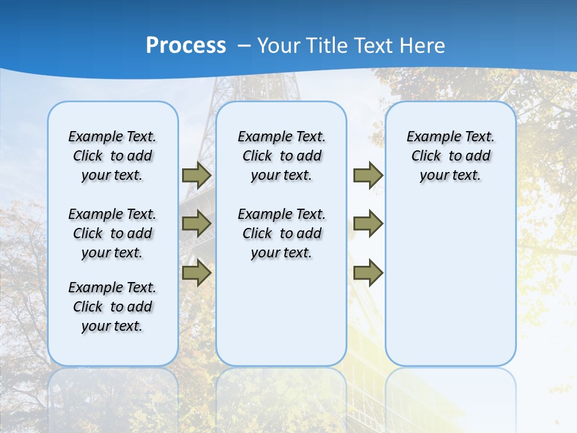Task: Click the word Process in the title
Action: pos(186,46)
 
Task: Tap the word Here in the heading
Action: pos(423,46)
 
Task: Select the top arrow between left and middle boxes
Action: pos(196,176)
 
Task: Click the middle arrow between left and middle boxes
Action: pos(196,224)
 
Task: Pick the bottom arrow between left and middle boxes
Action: pos(196,272)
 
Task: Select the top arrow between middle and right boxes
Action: pos(368,176)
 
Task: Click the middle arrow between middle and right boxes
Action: pos(368,224)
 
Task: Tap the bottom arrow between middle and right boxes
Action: pos(368,272)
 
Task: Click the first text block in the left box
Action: pos(112,156)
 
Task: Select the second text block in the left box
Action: pos(112,233)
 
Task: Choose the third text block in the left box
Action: pos(112,307)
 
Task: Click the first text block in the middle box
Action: pos(281,156)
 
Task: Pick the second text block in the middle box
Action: pos(281,233)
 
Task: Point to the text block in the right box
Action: pos(450,156)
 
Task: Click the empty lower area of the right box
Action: pos(450,283)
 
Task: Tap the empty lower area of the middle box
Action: pos(281,313)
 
